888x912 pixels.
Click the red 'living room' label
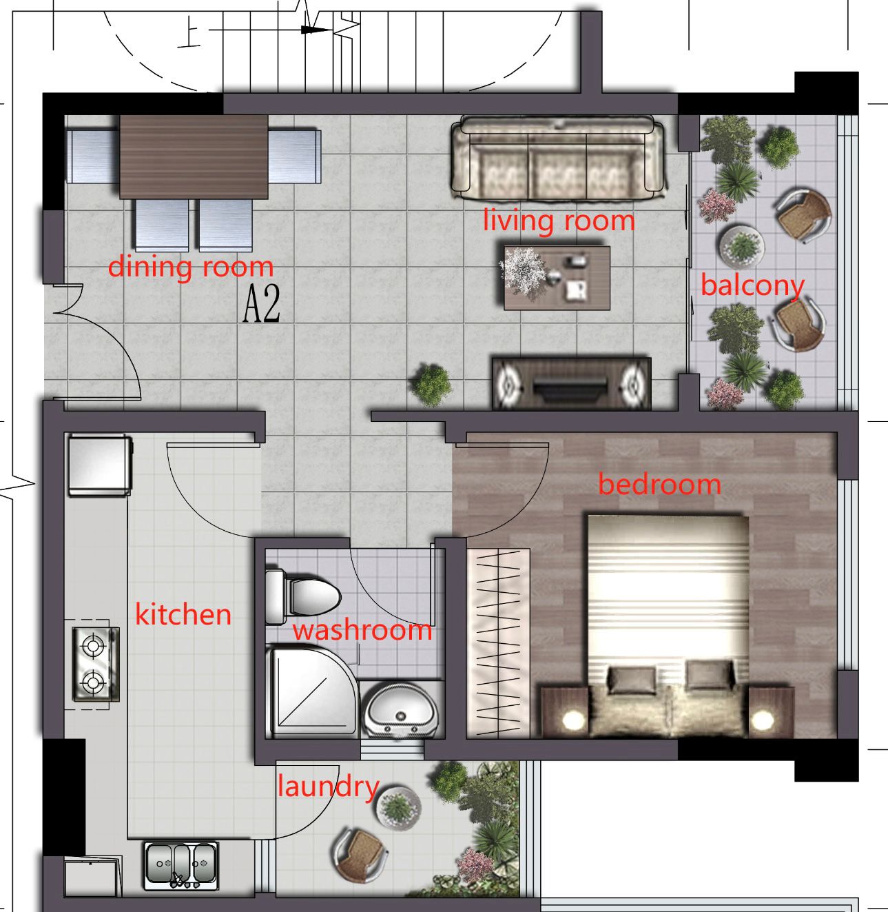pyautogui.click(x=558, y=221)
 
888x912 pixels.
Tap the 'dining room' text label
pyautogui.click(x=191, y=266)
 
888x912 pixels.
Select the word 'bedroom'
pyautogui.click(x=659, y=484)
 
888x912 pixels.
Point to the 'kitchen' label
pyautogui.click(x=183, y=614)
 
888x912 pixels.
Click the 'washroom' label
pyautogui.click(x=362, y=630)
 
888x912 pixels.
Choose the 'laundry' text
pyautogui.click(x=328, y=787)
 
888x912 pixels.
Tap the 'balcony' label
pyautogui.click(x=752, y=285)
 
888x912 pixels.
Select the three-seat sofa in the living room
pyautogui.click(x=558, y=158)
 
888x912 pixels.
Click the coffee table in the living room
pyautogui.click(x=557, y=278)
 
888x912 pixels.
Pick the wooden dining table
pyautogui.click(x=194, y=157)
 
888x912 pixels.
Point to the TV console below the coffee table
pyautogui.click(x=571, y=383)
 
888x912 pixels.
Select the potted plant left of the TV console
pyautogui.click(x=431, y=384)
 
